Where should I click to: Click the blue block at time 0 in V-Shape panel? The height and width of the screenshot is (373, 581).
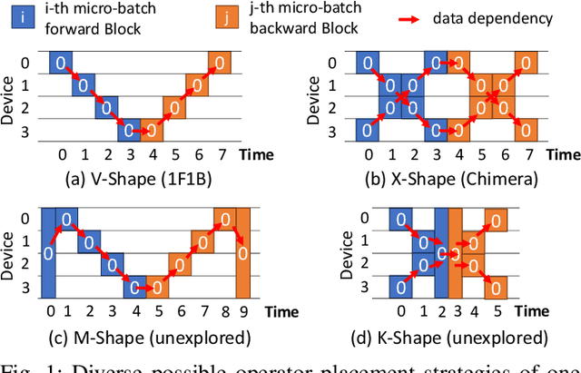pos(60,63)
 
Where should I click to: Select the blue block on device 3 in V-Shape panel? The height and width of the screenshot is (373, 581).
pos(127,130)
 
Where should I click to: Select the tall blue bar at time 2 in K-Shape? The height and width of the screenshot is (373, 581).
pos(441,253)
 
